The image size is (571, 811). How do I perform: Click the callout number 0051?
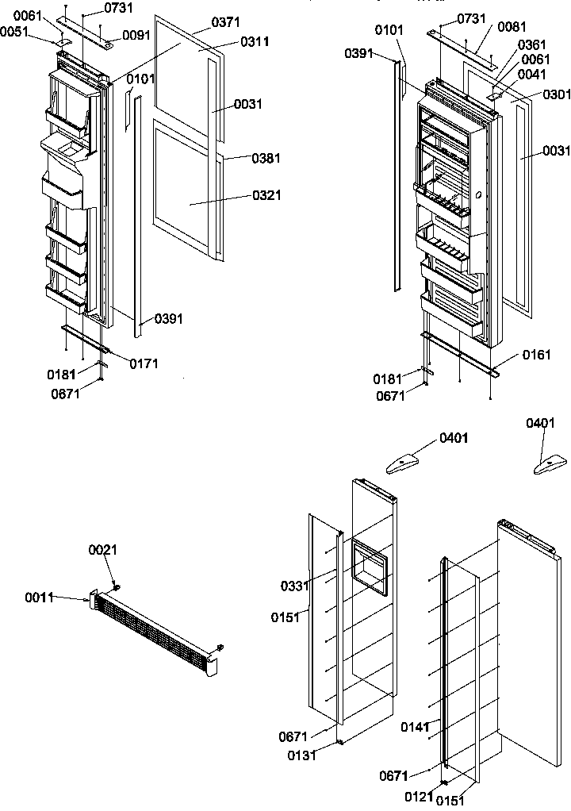click(x=13, y=32)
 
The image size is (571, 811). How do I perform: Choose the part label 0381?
click(x=266, y=159)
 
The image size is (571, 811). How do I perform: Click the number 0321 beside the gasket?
click(x=267, y=195)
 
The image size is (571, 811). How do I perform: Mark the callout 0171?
click(x=144, y=364)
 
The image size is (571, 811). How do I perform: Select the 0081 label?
click(x=511, y=27)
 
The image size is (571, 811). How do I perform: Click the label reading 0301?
click(x=556, y=95)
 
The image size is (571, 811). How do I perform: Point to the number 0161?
click(x=535, y=356)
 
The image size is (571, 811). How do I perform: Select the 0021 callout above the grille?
click(x=102, y=549)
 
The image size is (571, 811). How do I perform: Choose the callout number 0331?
click(x=294, y=586)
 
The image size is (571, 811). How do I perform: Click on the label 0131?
click(x=303, y=755)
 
